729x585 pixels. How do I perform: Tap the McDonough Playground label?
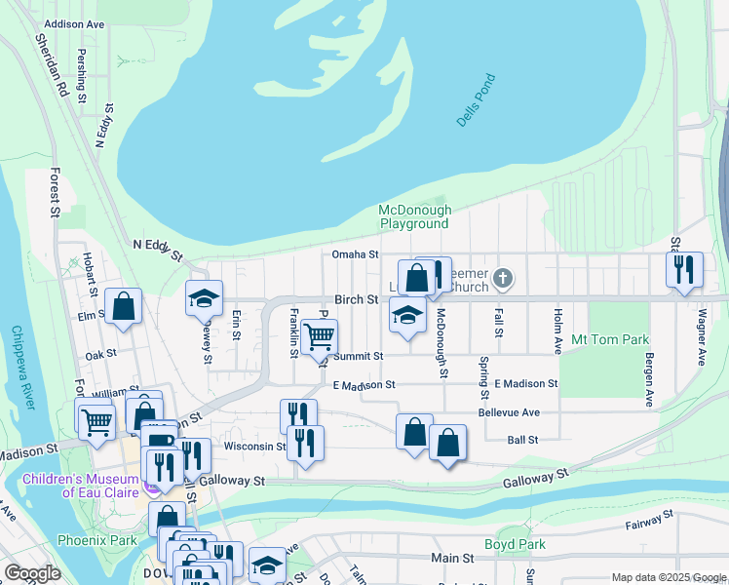414,216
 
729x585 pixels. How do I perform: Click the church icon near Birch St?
502,279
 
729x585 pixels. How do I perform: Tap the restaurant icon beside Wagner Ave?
683,268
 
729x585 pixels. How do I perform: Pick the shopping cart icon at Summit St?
319,337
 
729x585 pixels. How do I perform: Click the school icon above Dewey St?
205,298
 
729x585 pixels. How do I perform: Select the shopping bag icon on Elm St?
124,306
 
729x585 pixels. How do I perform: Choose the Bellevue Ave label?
509,412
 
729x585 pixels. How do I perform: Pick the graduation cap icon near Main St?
267,565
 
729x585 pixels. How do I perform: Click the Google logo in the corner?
32,573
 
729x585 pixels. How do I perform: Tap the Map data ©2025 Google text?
667,577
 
